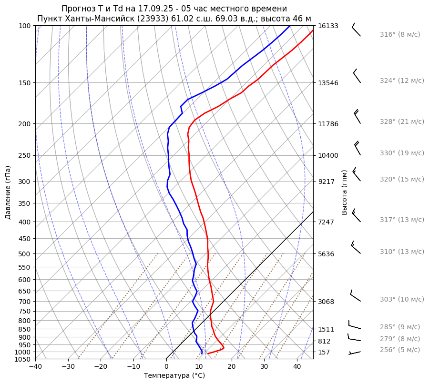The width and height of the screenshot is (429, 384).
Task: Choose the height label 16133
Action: coord(328,26)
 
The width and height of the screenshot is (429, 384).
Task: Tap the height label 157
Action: coord(324,352)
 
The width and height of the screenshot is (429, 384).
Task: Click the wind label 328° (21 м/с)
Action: coord(402,121)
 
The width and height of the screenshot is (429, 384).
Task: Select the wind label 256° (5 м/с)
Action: coord(400,350)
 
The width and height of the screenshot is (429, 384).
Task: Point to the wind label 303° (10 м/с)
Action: coord(402,299)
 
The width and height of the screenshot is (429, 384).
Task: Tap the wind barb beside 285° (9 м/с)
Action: coord(354,325)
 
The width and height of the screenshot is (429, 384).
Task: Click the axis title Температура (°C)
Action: coord(174,375)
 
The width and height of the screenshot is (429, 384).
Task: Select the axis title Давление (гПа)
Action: coord(8,192)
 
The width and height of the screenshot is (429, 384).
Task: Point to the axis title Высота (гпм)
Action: coord(344,192)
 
